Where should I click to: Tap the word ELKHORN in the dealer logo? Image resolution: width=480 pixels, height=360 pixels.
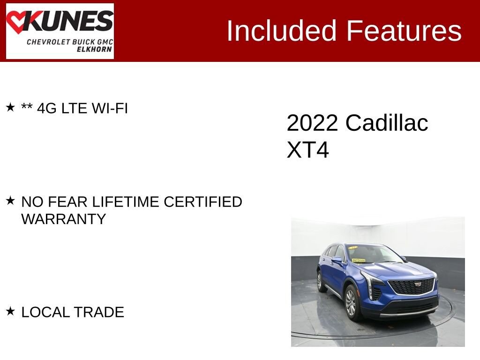click(94, 49)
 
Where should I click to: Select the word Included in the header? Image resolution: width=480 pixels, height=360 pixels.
click(281, 30)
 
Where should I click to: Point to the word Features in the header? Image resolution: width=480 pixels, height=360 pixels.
click(404, 30)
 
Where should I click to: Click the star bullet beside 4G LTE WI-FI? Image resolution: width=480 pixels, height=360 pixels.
click(10, 107)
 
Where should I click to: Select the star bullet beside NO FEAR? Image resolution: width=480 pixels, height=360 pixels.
click(10, 201)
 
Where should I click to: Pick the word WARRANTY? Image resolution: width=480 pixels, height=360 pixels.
click(64, 219)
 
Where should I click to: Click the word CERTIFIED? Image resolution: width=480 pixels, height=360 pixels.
click(203, 202)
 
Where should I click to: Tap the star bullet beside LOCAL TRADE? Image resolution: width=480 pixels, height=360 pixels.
click(10, 311)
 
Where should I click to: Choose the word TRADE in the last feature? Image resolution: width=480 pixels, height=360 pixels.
click(98, 312)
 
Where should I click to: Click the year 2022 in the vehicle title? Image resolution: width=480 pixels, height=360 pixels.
click(312, 123)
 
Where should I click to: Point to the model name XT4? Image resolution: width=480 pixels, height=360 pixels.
click(307, 150)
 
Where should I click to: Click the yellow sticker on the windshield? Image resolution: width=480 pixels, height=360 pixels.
click(359, 261)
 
